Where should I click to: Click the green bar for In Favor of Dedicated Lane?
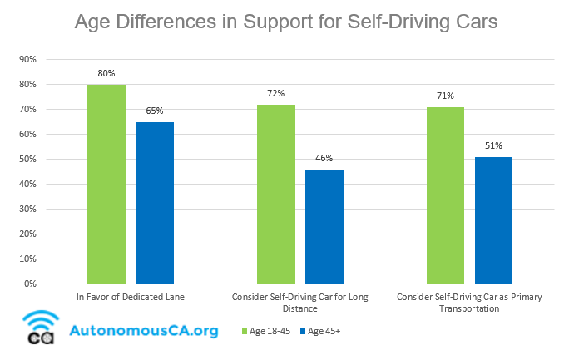point(106,184)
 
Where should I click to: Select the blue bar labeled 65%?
point(155,203)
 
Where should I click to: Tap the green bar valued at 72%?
point(276,194)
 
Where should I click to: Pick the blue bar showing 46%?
point(324,226)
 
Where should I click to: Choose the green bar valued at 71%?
point(445,195)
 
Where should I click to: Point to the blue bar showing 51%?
point(493,220)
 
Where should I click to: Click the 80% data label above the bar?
point(106,73)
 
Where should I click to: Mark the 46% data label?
point(324,158)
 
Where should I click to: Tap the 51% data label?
point(493,145)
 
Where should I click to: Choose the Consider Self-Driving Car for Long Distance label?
point(300,303)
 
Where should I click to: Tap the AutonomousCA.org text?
point(145,331)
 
